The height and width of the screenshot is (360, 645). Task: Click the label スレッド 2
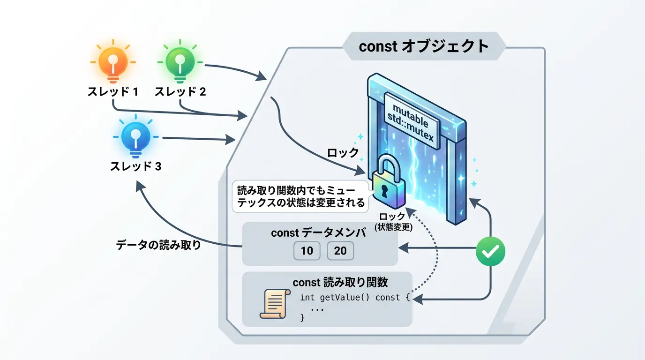pos(180,92)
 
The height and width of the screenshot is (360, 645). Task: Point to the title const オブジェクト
pos(424,46)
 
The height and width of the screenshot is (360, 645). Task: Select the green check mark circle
pos(490,252)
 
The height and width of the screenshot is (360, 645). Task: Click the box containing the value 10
pos(307,251)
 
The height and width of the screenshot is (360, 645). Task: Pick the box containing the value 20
pos(340,251)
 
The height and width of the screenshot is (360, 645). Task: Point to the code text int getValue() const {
pos(355,297)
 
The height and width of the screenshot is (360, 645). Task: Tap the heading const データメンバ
pos(319,233)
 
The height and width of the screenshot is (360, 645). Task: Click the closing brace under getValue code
pos(302,318)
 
